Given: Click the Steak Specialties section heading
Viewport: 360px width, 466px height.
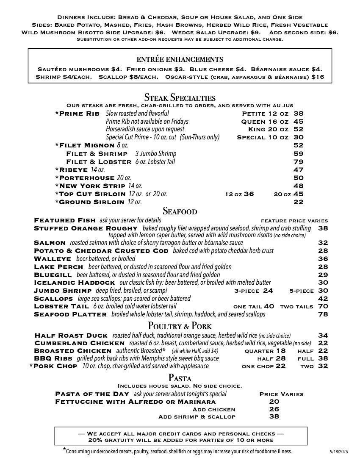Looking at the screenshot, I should [x=180, y=97].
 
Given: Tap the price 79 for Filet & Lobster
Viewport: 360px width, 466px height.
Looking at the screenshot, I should [x=298, y=162].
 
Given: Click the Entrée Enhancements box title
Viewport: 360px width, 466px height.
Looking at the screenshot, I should [x=180, y=59].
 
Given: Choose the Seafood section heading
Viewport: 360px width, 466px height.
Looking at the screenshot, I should [x=180, y=211].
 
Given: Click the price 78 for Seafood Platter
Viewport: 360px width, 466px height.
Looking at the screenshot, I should [x=323, y=314].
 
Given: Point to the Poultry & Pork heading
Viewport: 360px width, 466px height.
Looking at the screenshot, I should [x=180, y=326].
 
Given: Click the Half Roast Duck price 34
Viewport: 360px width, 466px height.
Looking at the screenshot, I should [x=323, y=336].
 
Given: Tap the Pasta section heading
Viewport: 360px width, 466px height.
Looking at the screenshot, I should [x=180, y=378].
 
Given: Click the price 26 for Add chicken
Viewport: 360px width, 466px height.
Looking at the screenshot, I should [x=274, y=409].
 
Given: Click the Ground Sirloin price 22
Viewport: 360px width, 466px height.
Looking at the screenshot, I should [x=298, y=202].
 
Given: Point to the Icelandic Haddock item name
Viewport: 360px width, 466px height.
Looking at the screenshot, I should [x=74, y=283].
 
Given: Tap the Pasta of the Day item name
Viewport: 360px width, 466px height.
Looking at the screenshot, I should [x=92, y=394].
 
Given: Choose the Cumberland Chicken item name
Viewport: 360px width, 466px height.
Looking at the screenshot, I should [x=80, y=343].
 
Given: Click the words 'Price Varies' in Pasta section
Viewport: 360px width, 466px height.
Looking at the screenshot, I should [x=281, y=394].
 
